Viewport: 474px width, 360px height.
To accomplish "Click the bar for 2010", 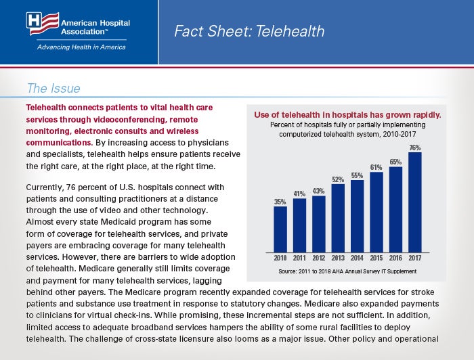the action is [x=280, y=229].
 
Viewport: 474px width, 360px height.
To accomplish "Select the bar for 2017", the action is [x=414, y=202].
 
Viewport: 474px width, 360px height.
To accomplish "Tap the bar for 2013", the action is [x=338, y=219].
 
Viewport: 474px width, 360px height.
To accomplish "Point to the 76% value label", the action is [x=415, y=148].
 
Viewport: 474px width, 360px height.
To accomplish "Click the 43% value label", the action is [x=319, y=192].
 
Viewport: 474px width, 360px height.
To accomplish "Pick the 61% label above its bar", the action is [x=376, y=167].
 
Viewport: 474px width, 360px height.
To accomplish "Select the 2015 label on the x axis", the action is [x=376, y=258].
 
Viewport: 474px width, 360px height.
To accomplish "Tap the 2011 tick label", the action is [x=299, y=258].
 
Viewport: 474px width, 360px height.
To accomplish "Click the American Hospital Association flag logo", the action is [x=43, y=23].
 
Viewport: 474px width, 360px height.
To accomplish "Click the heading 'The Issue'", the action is [x=53, y=88].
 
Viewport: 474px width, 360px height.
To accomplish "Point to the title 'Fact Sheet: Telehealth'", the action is [x=249, y=31].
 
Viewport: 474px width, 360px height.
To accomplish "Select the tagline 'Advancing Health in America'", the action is [x=81, y=47].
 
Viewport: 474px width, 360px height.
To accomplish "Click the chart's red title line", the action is [x=347, y=115].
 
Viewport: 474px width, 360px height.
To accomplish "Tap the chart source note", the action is [x=347, y=271].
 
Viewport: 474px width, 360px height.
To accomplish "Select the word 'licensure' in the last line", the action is [x=197, y=339].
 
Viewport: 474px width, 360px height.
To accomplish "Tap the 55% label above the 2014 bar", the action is [x=357, y=175].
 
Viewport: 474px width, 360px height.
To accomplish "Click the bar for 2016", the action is [x=395, y=210].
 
